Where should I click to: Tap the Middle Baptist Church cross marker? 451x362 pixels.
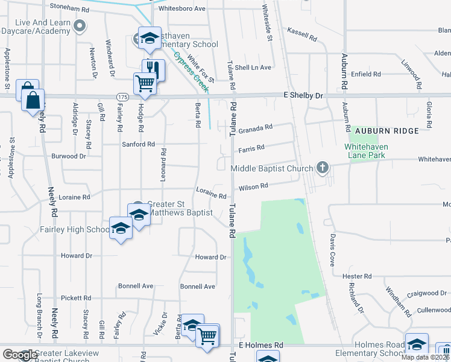coord(323,168)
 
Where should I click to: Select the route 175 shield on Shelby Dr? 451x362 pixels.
coord(123,97)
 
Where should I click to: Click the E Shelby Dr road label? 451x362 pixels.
coord(303,95)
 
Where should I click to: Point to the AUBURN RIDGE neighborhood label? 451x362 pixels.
coord(386,131)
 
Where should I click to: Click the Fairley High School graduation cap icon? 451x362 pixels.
coord(121,228)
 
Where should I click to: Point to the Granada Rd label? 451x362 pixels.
coord(256,128)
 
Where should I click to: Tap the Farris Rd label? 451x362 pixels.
coord(251,148)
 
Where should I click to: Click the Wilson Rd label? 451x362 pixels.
coord(253,187)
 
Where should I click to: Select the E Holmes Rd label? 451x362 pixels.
coord(260,345)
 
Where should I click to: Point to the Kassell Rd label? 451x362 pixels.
coord(302,31)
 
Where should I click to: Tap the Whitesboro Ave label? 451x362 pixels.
coord(181,9)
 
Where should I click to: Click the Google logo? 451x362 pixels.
coord(20,355)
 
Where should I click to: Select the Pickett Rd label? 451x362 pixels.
coord(75,298)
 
